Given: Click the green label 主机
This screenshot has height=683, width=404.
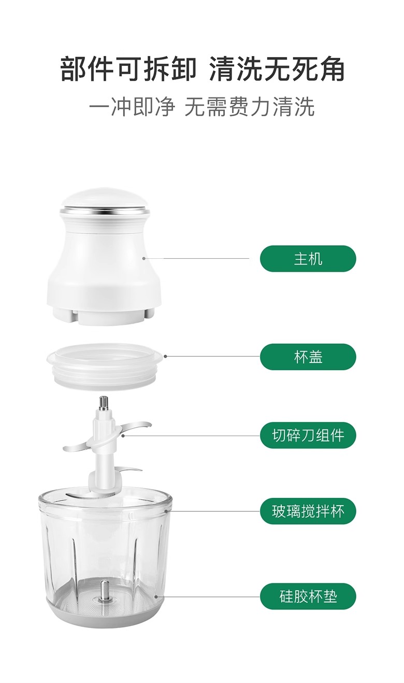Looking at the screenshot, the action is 308,259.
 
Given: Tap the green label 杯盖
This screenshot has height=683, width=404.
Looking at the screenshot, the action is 308,357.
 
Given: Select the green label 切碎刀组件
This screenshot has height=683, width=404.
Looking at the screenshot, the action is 308,435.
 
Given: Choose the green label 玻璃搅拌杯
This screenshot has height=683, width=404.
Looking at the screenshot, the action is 308,511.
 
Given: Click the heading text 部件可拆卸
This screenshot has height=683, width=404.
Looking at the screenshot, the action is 128,69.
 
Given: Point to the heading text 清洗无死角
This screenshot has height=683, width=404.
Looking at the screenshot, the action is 277,69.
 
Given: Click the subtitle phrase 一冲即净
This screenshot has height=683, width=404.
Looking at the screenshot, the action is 132,107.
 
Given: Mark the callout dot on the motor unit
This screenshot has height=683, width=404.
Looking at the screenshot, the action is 143,258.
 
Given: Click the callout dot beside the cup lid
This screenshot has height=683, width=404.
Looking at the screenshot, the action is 165,356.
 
